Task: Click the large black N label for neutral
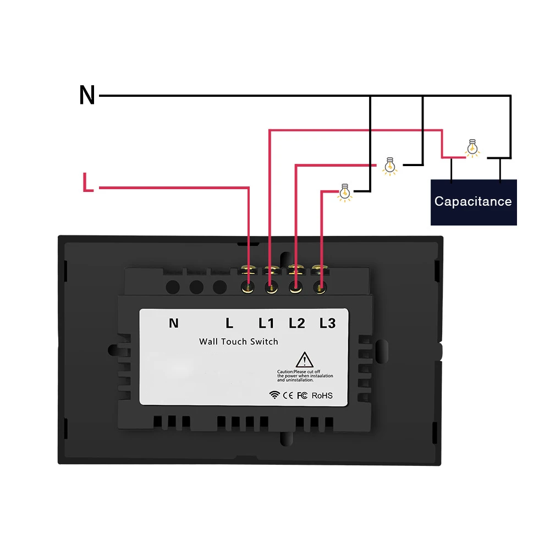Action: click(x=87, y=96)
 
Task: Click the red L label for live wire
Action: click(x=87, y=183)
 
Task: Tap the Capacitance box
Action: click(x=473, y=201)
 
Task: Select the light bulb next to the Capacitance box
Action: click(x=471, y=148)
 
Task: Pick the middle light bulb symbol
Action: click(x=391, y=166)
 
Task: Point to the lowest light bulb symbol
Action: click(x=345, y=192)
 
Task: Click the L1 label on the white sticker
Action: click(x=267, y=323)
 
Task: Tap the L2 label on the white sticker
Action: click(x=297, y=323)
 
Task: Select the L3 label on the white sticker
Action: click(x=327, y=323)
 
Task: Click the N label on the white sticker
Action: click(x=174, y=323)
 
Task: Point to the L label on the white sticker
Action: click(x=229, y=323)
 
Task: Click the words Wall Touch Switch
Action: click(x=239, y=342)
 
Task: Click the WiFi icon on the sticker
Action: click(x=274, y=395)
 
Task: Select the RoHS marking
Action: click(x=322, y=395)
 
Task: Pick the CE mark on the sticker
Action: click(x=288, y=395)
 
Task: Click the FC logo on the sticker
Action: click(x=302, y=395)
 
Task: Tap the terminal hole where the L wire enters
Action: click(x=249, y=287)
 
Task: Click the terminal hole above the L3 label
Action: click(x=321, y=287)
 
